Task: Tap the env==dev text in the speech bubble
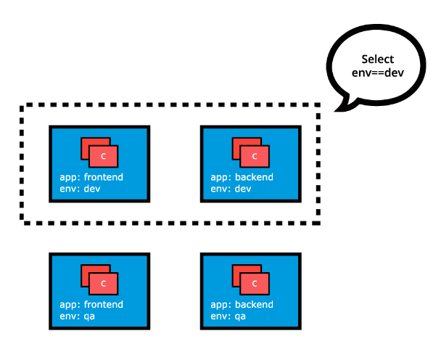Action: pyautogui.click(x=379, y=72)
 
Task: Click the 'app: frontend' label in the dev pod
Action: pyautogui.click(x=91, y=177)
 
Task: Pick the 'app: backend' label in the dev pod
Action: pyautogui.click(x=242, y=177)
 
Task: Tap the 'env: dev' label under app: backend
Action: pyautogui.click(x=231, y=189)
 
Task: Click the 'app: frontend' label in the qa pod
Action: pyautogui.click(x=91, y=305)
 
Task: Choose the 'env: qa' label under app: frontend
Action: pyautogui.click(x=78, y=316)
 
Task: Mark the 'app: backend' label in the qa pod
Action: pyautogui.click(x=242, y=305)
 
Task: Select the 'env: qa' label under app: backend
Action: pyautogui.click(x=229, y=316)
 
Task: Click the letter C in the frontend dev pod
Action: pyautogui.click(x=104, y=156)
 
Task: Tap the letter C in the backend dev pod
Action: pyautogui.click(x=255, y=156)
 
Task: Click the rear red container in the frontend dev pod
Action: pyautogui.click(x=86, y=144)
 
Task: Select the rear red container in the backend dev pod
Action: pyautogui.click(x=236, y=144)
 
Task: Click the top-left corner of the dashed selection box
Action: pyautogui.click(x=23, y=106)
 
